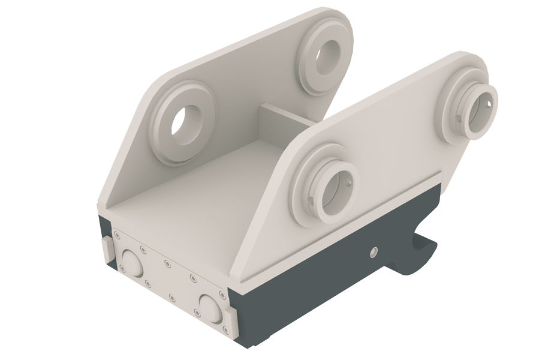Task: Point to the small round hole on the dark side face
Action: coord(374,252)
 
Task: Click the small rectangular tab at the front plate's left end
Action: coord(106,250)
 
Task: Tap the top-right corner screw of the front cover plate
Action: coord(222,294)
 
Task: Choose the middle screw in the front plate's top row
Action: coord(167,262)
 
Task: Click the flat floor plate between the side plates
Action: coord(198,180)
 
